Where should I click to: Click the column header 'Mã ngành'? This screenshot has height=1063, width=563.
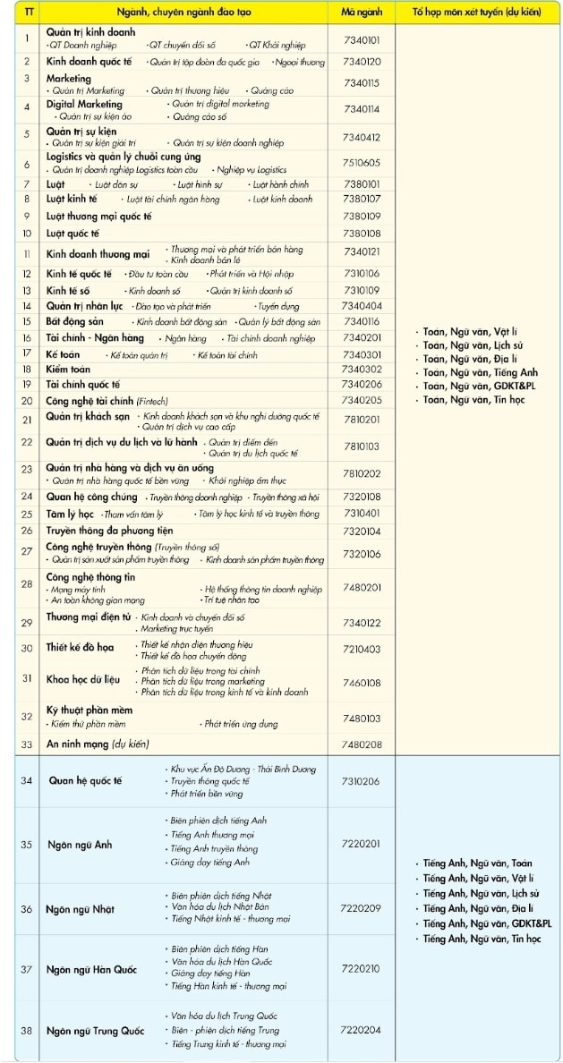tap(361, 13)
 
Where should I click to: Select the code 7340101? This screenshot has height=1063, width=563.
tap(362, 39)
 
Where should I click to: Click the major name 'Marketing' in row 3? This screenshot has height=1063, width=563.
tap(69, 78)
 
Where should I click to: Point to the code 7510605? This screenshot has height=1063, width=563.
tap(362, 162)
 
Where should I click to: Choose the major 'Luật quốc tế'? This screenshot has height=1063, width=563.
tap(73, 233)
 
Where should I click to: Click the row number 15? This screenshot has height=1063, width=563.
tap(27, 321)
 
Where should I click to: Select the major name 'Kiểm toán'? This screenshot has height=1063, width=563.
tap(69, 369)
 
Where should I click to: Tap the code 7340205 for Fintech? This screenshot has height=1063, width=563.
tap(362, 400)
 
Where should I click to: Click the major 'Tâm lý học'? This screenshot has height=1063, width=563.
tap(70, 514)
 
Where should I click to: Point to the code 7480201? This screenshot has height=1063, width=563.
tap(362, 587)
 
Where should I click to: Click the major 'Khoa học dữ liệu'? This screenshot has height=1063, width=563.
tap(83, 680)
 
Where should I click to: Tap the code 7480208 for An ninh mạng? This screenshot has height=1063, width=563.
tap(362, 744)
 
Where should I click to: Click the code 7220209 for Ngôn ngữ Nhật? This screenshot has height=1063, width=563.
tap(361, 908)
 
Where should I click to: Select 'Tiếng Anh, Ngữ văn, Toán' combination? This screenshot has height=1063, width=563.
tap(477, 863)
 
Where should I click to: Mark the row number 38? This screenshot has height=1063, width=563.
tap(27, 1030)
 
